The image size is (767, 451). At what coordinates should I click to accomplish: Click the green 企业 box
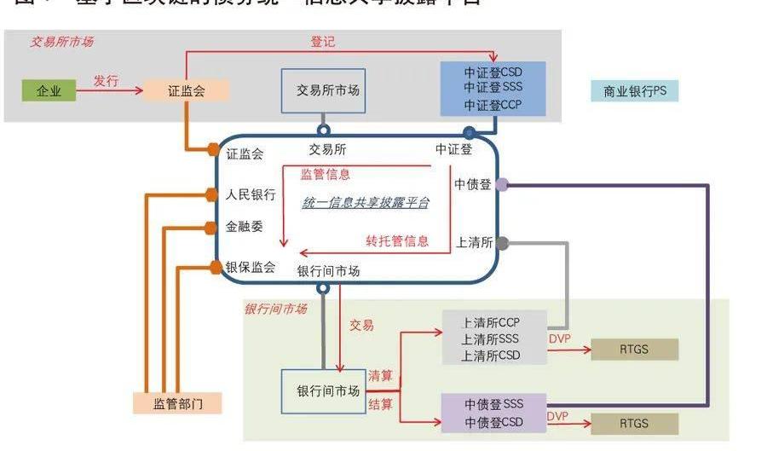click(49, 90)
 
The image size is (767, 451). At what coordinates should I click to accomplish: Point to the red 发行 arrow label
click(106, 81)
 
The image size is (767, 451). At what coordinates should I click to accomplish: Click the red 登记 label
click(323, 41)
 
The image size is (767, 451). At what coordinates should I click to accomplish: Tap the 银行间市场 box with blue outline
click(328, 391)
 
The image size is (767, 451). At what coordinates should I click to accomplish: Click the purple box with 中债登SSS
click(493, 413)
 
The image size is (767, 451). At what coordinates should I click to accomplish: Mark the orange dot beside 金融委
click(212, 227)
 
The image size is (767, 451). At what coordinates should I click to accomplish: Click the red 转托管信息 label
click(398, 240)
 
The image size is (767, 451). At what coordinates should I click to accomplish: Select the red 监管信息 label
click(325, 174)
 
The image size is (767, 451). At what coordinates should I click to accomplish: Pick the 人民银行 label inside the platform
click(251, 194)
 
